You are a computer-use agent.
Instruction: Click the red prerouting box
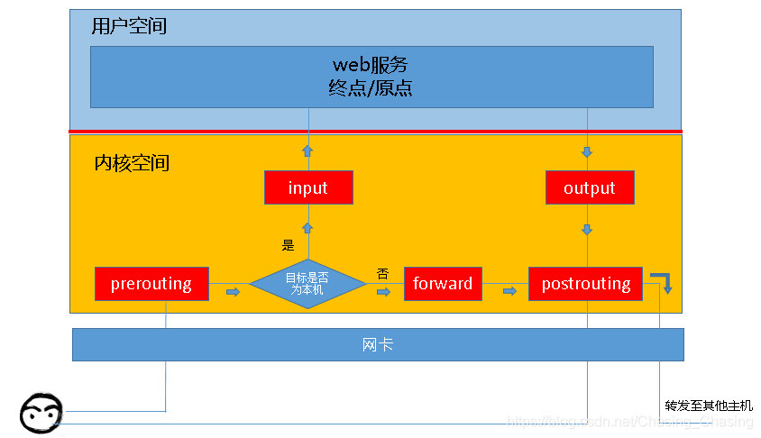151,284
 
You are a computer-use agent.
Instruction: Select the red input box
308,187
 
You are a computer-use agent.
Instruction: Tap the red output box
590,187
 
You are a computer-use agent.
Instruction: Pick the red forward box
443,284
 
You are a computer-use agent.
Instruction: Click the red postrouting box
585,284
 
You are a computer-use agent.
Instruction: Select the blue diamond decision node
307,284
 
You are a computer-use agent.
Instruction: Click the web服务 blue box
371,77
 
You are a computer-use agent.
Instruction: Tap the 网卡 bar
377,344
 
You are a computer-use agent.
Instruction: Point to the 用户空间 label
129,26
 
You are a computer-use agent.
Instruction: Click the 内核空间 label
132,164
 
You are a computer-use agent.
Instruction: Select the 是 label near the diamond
289,244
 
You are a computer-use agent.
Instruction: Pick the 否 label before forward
382,272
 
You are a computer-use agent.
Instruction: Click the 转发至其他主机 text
708,406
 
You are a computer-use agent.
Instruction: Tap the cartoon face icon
41,414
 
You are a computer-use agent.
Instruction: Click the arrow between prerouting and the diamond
233,292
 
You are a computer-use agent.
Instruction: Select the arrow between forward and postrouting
509,291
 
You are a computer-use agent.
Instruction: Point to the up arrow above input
307,151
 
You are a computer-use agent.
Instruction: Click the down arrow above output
587,151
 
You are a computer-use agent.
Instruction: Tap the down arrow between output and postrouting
587,230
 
